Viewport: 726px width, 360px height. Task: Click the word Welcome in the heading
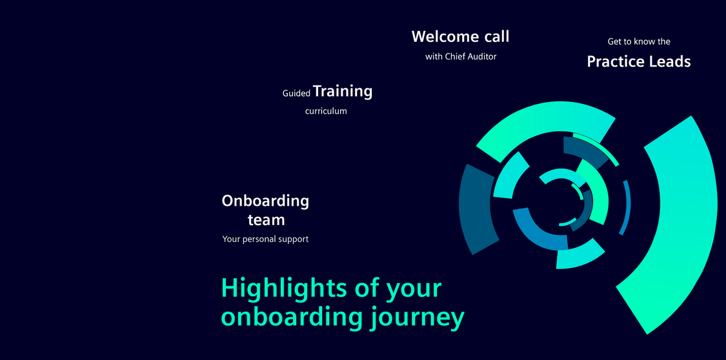coord(445,37)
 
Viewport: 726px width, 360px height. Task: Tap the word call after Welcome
coord(498,37)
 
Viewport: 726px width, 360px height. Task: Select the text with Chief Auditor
coord(461,57)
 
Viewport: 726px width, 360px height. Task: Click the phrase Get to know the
coord(639,42)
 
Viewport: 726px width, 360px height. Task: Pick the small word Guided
coord(296,94)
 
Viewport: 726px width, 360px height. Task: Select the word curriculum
coord(326,112)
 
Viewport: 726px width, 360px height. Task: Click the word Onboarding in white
coord(265,201)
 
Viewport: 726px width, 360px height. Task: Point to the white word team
coord(267,220)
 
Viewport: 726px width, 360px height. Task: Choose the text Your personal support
coord(265,240)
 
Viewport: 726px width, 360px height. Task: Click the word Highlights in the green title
coord(285,289)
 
